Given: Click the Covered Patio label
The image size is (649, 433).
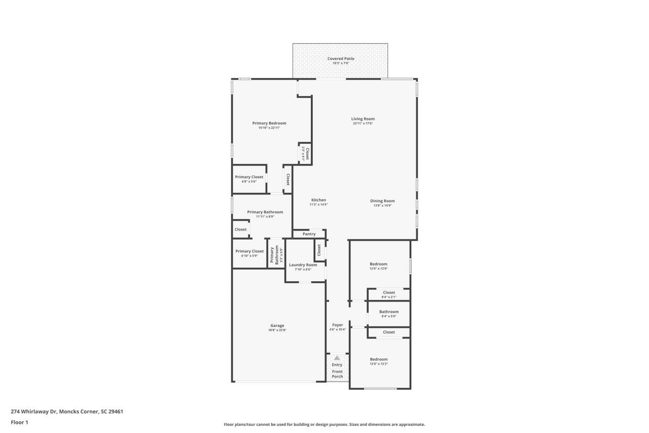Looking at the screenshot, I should pos(341,59).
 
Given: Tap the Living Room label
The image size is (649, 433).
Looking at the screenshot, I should pos(363,119).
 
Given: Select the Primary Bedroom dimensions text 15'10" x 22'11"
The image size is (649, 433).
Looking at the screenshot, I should pos(269,128).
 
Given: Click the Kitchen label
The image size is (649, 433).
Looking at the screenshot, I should pos(318,200).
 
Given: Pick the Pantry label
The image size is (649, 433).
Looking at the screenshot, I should pos(309,234).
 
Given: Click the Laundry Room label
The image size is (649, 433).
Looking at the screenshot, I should pos(303,265).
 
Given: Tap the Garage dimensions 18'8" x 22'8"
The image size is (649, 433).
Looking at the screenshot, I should pos(277,330).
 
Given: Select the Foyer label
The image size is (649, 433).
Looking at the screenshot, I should pos(337,325).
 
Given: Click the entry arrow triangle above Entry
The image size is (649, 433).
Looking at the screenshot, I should pos(337,358).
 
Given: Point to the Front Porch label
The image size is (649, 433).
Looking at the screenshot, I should pos(337,374).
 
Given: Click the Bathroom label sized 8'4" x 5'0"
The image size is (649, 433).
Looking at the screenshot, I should pos(389,312).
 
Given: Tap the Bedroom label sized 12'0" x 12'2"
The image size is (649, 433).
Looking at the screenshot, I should pos(379,359).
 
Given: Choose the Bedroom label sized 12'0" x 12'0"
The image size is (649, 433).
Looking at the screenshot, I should pos(379,264).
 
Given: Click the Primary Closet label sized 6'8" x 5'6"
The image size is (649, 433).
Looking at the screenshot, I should pos(249,177).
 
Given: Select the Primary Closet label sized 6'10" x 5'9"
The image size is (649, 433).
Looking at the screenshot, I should pos(249,251).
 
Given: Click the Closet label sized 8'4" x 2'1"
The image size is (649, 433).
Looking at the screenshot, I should pos(389,292).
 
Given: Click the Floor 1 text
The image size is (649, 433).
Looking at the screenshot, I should pos(19,422).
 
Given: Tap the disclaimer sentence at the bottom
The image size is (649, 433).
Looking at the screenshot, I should pos(324,424).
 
